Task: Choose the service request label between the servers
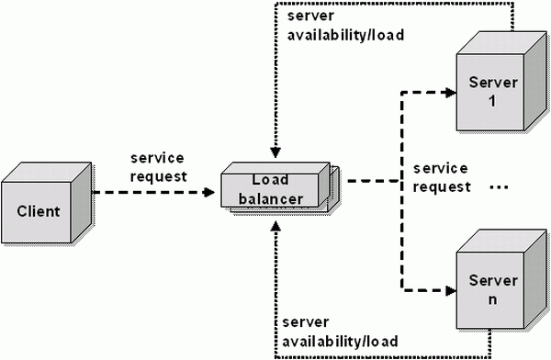(x=441, y=177)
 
